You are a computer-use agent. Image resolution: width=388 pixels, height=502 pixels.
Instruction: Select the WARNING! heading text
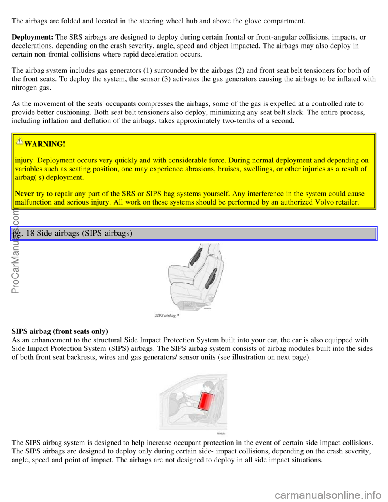pos(45,144)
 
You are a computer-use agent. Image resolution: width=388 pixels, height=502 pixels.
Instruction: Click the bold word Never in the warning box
pos(24,194)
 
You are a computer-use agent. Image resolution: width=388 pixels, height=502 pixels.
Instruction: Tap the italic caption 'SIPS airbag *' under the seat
pos(167,316)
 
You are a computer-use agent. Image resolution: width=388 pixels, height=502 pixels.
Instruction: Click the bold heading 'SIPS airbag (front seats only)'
pos(59,331)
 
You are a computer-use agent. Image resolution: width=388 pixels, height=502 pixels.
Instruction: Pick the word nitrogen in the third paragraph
pos(24,87)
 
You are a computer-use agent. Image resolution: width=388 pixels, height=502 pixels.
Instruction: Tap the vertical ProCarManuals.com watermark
pos(17,251)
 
